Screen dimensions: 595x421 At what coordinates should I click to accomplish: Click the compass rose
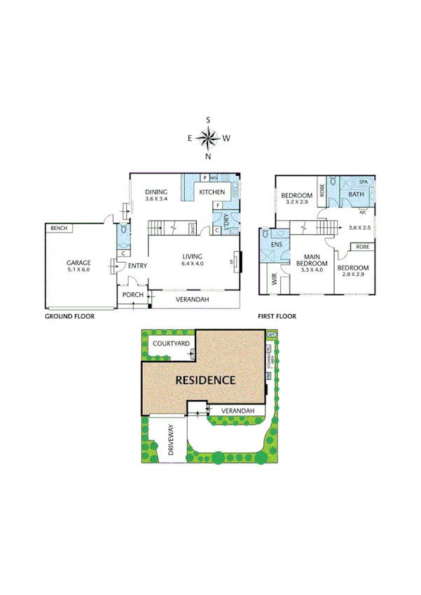[208, 138]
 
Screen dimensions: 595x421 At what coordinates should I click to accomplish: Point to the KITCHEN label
[212, 192]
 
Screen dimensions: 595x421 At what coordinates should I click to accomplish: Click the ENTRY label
[137, 266]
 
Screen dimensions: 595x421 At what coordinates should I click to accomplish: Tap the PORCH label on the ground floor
[132, 295]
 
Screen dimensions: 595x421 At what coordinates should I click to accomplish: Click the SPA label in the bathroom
[363, 182]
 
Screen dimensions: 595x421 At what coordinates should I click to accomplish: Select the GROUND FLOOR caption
[69, 317]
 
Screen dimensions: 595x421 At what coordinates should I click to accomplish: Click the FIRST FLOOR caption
[277, 317]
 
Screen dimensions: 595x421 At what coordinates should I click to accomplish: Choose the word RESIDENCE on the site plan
[205, 381]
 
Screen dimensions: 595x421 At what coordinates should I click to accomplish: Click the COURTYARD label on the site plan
[172, 344]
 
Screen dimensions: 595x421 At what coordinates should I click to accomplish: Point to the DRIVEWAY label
[171, 442]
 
